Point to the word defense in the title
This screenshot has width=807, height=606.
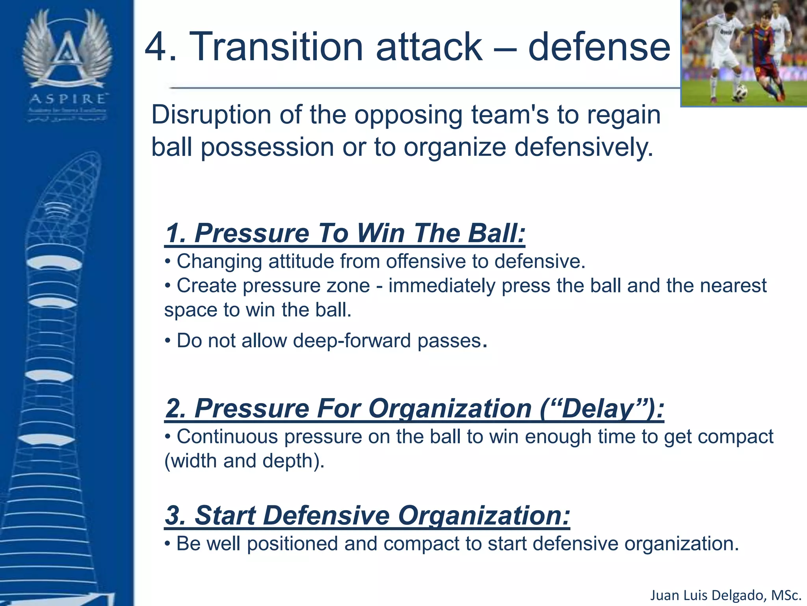(599, 47)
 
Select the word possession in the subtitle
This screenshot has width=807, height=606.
(268, 147)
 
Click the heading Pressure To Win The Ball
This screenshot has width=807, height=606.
(345, 233)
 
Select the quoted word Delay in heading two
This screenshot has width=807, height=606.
(597, 408)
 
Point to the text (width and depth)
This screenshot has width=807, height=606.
(244, 461)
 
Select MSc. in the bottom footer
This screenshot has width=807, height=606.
(786, 595)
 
